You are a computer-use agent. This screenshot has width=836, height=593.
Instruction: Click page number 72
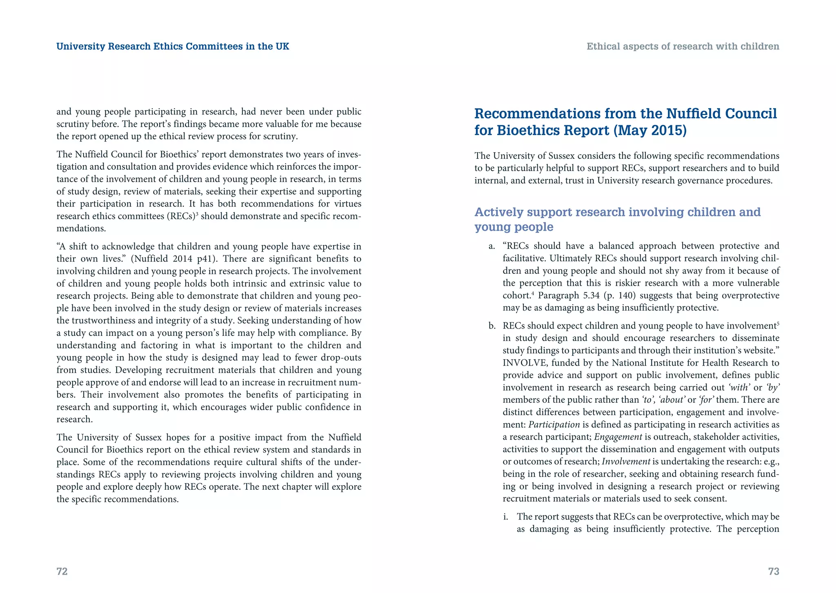point(62,571)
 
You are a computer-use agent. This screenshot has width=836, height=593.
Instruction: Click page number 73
point(774,571)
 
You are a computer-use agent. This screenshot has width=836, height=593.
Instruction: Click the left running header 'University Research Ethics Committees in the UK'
point(173,47)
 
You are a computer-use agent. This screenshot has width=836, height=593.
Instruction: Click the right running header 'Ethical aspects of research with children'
point(683,47)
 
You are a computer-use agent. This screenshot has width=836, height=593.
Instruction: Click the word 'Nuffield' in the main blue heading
point(693,113)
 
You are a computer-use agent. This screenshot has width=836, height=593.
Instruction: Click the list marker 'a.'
point(492,246)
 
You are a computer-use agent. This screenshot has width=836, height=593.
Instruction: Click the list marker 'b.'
point(492,326)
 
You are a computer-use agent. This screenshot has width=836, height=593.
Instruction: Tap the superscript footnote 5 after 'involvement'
point(778,324)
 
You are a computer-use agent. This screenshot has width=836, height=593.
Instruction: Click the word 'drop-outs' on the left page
point(342,358)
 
